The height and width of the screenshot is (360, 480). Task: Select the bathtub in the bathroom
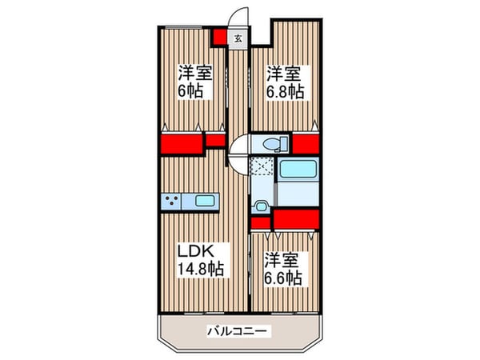(x=298, y=170)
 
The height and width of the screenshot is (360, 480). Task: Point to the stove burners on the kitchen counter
(x=172, y=201)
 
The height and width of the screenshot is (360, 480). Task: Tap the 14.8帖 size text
(x=200, y=268)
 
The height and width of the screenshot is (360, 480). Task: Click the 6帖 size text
(x=190, y=90)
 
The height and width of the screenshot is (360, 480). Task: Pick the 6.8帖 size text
(x=284, y=90)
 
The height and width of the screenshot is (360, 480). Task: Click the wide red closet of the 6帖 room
(x=182, y=145)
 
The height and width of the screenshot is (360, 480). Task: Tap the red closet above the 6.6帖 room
(x=295, y=218)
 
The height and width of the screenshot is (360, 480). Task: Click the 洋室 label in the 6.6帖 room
(x=282, y=261)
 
